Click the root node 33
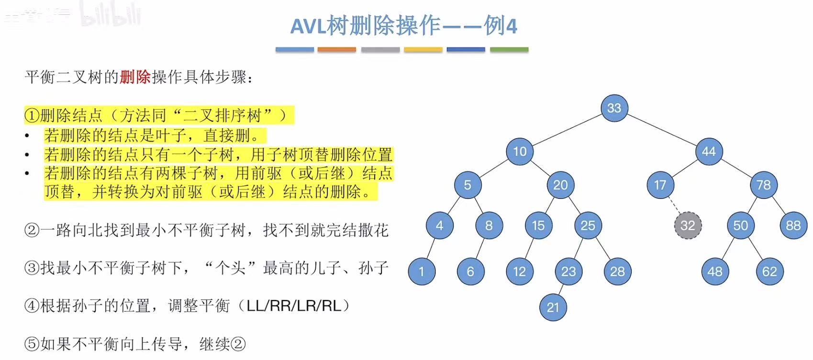[614, 108]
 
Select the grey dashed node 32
[688, 225]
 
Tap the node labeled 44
[709, 151]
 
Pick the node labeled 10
[520, 151]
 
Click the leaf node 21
[553, 307]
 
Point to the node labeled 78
[763, 185]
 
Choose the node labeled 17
[660, 185]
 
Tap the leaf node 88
[793, 225]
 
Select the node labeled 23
[568, 271]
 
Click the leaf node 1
[421, 271]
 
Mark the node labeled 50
[740, 225]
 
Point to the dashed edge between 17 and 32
[674, 205]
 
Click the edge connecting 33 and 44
[661, 130]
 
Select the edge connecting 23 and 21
[561, 289]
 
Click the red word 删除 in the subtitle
[135, 77]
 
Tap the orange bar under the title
[337, 49]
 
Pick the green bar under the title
[509, 49]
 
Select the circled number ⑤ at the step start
[32, 344]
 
